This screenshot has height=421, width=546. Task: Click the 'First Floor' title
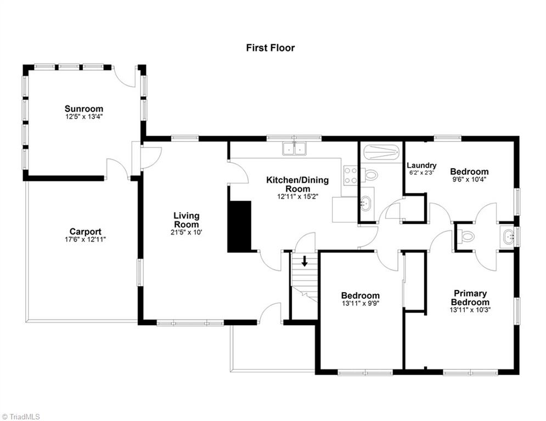coord(270,48)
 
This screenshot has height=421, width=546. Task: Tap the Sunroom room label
coord(83,109)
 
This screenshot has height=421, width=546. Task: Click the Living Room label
coord(187,220)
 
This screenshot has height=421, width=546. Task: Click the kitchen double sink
coord(294,149)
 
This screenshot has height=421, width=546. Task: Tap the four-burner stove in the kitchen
coord(351,175)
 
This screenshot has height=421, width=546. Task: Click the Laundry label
coord(421,165)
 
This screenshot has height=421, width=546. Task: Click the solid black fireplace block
coord(239,226)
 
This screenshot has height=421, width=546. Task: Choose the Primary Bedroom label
coord(470,298)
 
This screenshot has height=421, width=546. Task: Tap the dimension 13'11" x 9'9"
coord(360,303)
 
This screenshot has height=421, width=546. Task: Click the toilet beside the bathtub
coord(371,175)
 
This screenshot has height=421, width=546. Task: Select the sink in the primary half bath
coord(508,237)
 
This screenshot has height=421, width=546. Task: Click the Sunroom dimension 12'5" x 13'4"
coord(83,116)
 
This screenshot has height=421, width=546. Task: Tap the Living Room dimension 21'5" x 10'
coord(187,232)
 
